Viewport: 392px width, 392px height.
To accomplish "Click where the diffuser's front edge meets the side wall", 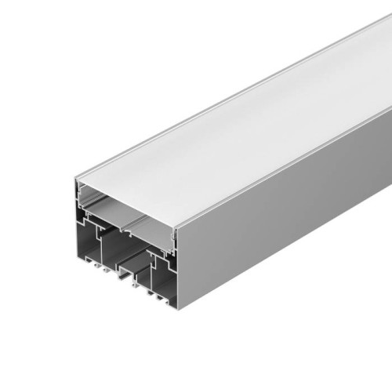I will click(176, 227).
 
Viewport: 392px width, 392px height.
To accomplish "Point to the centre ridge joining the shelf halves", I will click(126, 219).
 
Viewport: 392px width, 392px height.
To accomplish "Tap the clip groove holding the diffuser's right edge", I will click(172, 235).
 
